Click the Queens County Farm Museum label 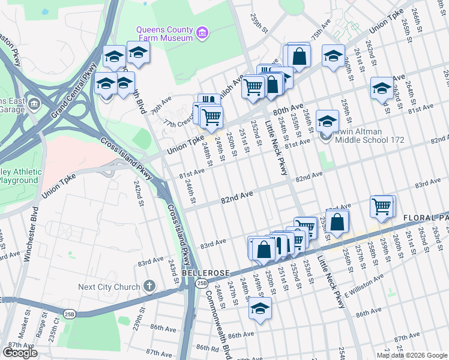[x=164, y=34]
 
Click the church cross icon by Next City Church [x=150, y=286]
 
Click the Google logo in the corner [x=20, y=353]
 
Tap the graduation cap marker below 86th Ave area [x=260, y=308]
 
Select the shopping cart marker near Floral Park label [x=382, y=206]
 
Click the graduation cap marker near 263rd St [x=381, y=88]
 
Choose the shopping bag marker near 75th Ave [x=299, y=56]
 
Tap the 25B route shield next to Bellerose [x=202, y=283]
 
